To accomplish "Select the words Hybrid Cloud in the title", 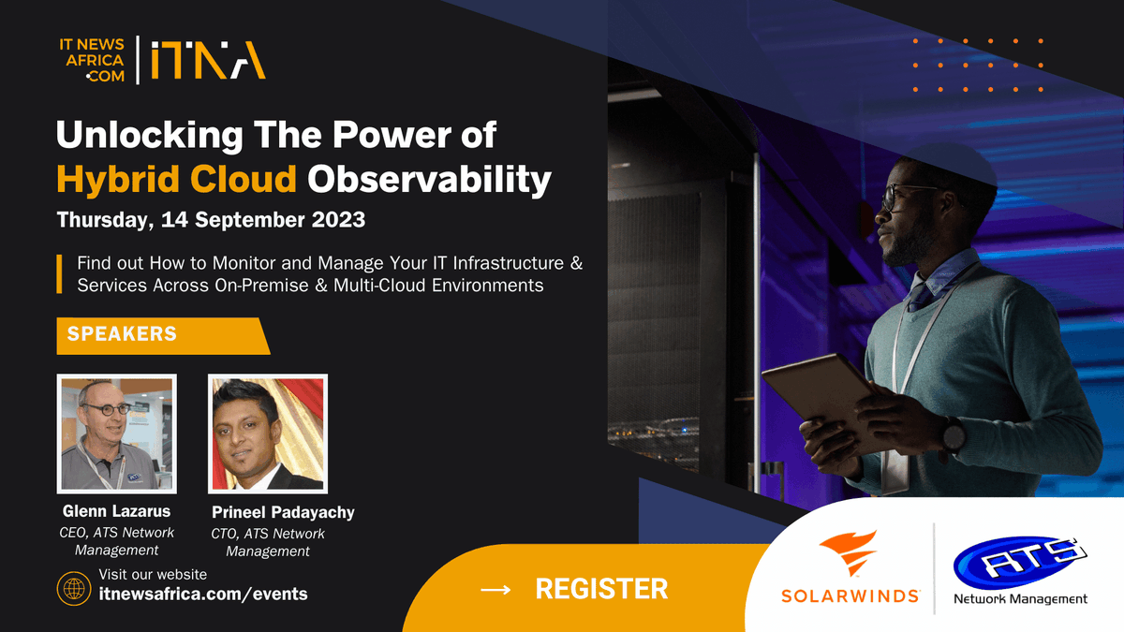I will (177, 179).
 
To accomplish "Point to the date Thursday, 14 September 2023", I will (211, 221).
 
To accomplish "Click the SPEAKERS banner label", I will (122, 334).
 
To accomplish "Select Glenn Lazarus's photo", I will (116, 434).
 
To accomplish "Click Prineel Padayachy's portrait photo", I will (267, 434).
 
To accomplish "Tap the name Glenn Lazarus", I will (117, 511).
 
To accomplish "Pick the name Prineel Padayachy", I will (283, 512).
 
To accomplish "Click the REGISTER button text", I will (601, 589).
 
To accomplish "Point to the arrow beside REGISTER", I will (495, 589).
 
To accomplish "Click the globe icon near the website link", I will (72, 589).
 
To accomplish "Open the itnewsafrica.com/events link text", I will (202, 594).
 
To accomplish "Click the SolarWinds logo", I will (850, 570).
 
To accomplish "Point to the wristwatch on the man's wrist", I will (953, 436).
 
